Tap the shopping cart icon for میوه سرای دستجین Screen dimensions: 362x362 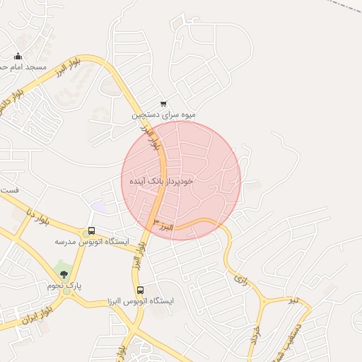[164, 104]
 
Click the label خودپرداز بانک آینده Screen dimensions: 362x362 [161, 182]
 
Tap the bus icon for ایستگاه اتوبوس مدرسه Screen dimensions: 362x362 [90, 232]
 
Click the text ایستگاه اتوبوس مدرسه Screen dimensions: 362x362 [93, 242]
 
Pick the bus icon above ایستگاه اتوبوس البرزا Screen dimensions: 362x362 [140, 290]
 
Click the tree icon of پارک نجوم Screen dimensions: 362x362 [64, 274]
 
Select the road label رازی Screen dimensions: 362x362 [240, 280]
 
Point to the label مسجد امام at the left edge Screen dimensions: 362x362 [26, 67]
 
